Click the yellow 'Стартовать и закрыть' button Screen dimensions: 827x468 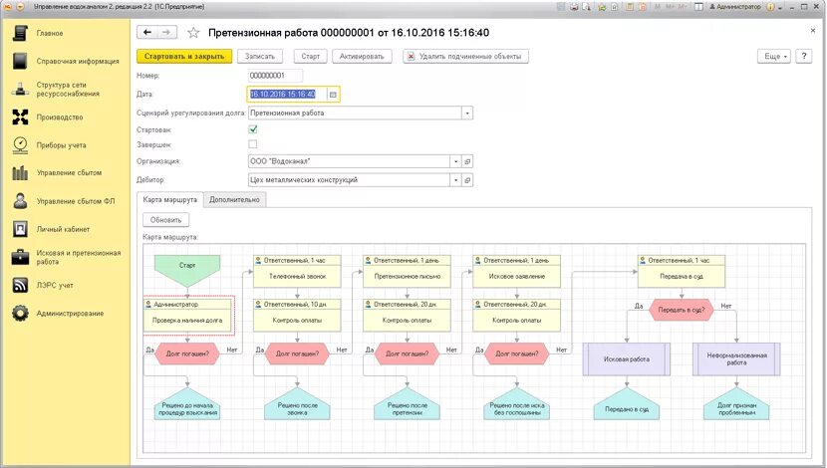pos(183,57)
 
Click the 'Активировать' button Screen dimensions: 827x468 pos(362,57)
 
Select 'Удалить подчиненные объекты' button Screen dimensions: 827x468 pos(465,57)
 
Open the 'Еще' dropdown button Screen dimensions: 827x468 pos(774,57)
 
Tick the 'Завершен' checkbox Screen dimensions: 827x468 pos(253,144)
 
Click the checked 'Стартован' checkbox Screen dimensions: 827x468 pos(253,128)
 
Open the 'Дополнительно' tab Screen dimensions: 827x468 pos(235,199)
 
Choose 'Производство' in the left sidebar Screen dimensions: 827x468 pos(59,117)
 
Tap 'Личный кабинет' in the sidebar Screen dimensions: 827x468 pos(62,229)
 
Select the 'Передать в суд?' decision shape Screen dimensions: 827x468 pos(683,310)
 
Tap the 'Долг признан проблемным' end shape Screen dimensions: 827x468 pos(737,408)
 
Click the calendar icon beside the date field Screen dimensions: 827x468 pos(333,95)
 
